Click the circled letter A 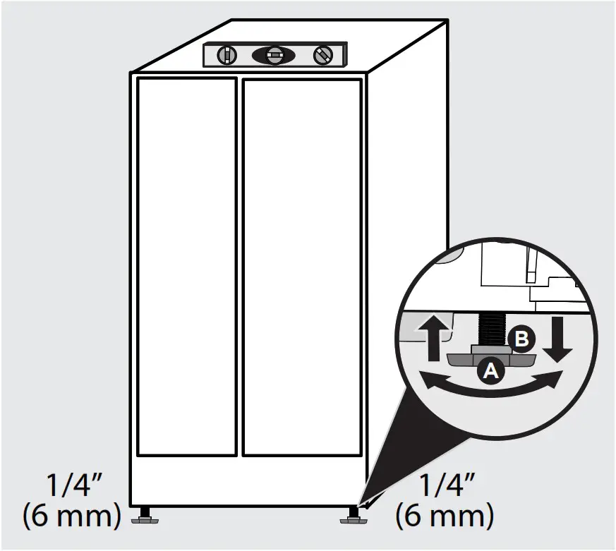[490, 370]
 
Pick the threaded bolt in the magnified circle [491, 331]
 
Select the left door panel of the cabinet [186, 267]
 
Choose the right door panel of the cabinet [302, 267]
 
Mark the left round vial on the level [224, 54]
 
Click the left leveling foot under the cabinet [146, 516]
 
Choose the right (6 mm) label [445, 516]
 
